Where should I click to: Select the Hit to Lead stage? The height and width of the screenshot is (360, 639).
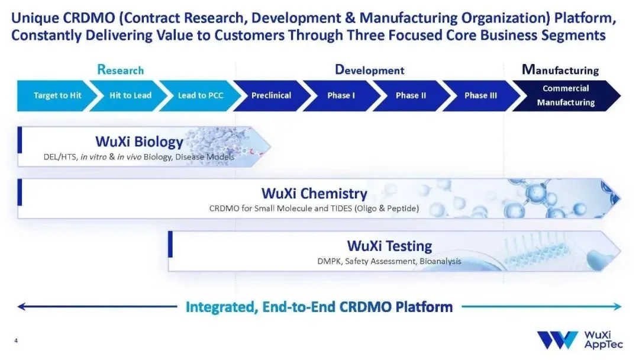[130, 95]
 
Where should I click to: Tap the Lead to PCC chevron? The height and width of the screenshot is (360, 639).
[201, 95]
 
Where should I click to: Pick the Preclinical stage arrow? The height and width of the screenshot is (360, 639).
[271, 95]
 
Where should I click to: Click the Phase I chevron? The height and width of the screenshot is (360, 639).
[341, 95]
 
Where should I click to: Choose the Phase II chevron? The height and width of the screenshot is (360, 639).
[411, 95]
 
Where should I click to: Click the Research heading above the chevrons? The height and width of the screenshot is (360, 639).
[121, 70]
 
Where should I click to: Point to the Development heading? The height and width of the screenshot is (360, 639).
[370, 70]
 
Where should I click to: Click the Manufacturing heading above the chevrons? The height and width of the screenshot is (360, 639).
[560, 70]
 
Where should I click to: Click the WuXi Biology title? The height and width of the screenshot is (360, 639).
[139, 142]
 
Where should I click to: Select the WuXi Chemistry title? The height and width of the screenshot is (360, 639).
[314, 194]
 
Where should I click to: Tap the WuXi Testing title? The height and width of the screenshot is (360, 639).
[389, 245]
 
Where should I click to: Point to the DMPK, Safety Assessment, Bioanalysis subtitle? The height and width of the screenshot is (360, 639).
[389, 261]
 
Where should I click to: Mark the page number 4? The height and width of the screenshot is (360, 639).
[16, 340]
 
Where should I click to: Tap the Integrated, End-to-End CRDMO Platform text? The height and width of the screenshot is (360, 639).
[319, 307]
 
